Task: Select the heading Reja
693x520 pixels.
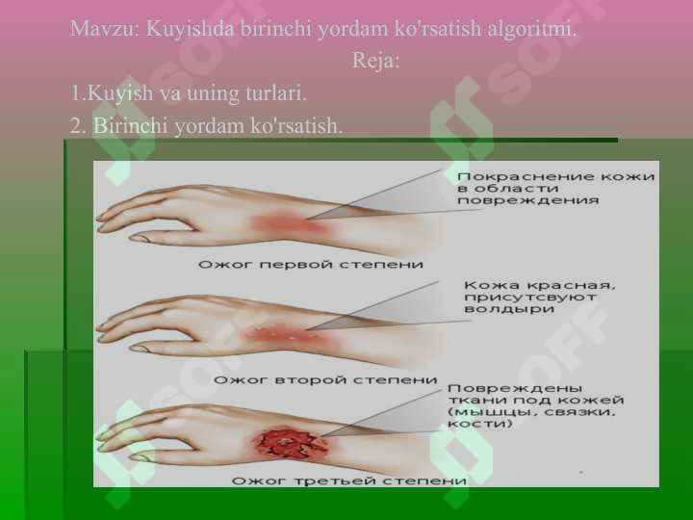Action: click(x=374, y=62)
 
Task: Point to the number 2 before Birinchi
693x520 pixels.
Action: click(x=75, y=127)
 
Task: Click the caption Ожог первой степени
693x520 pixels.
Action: click(x=311, y=264)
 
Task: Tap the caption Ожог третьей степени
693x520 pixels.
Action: click(x=349, y=479)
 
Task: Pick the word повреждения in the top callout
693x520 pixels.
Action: click(x=527, y=201)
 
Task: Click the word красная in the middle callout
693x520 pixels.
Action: click(x=572, y=286)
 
